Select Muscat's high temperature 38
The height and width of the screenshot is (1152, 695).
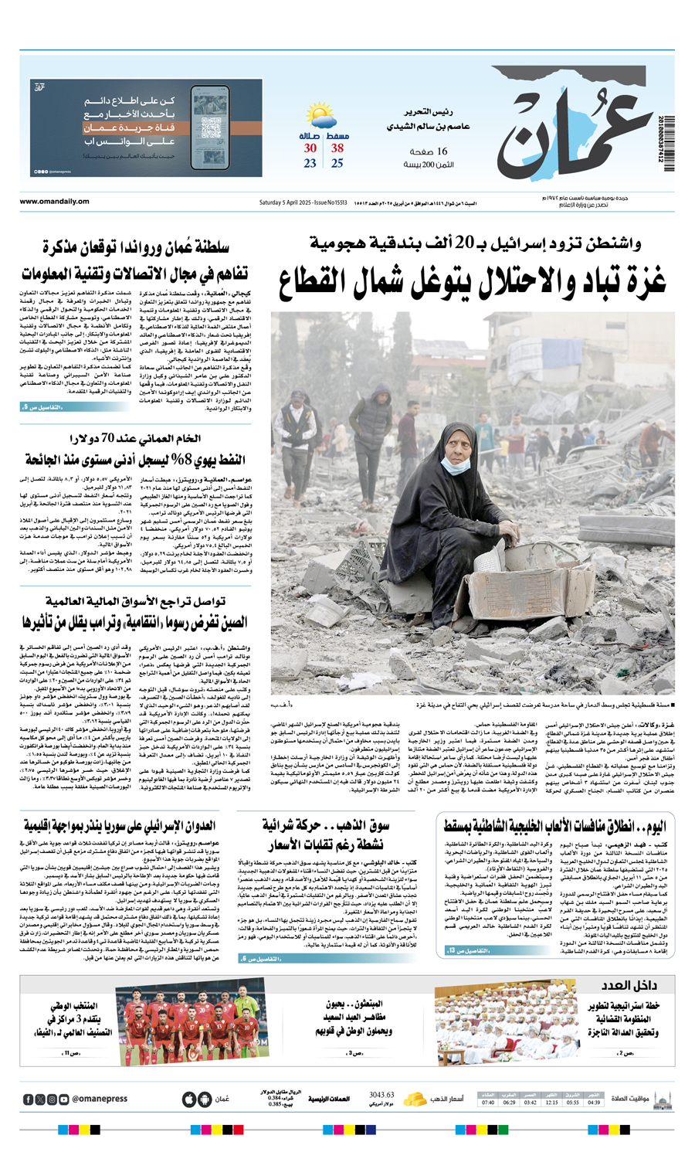point(337,148)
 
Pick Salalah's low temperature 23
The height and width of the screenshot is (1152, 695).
point(310,164)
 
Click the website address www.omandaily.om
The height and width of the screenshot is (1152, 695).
point(54,202)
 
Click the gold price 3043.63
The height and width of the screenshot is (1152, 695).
point(381,1095)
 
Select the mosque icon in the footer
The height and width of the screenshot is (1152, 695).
point(662,1099)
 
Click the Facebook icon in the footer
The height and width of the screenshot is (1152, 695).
point(29,1099)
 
